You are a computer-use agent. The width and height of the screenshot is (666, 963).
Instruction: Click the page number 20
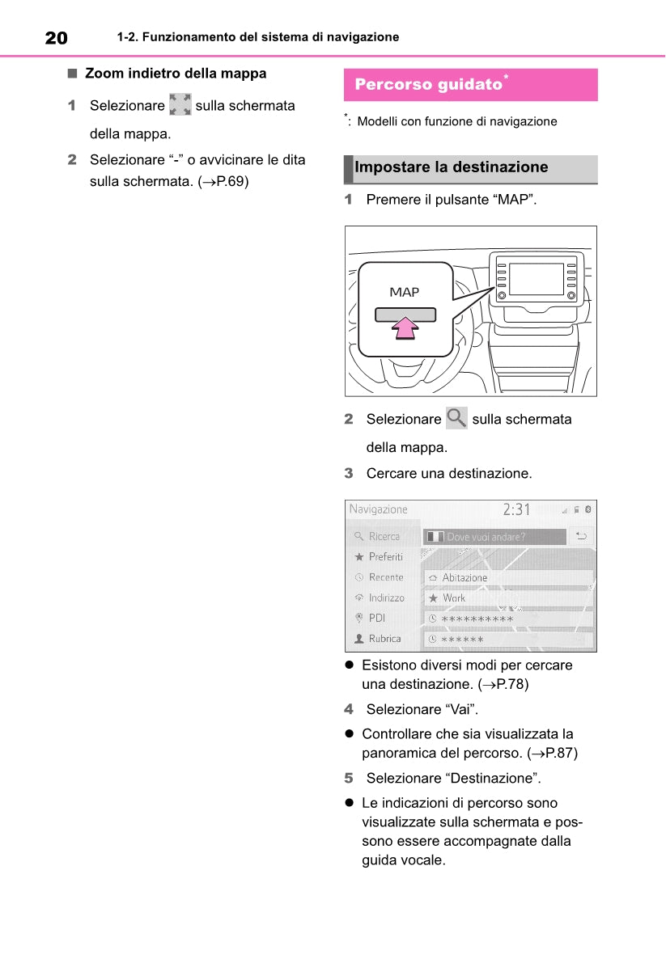point(56,37)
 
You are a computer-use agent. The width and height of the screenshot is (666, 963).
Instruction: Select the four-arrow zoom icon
point(180,105)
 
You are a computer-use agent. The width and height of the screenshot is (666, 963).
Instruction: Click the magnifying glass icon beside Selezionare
point(456,419)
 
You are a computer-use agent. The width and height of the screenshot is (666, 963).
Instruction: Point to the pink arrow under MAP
point(405,328)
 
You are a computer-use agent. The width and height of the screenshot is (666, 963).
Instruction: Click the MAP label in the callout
point(405,292)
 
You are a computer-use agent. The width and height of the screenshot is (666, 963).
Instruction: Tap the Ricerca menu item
point(384,536)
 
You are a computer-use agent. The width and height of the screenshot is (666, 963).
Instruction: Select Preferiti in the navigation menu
point(385,557)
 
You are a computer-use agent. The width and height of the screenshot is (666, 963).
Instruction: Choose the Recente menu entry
point(385,577)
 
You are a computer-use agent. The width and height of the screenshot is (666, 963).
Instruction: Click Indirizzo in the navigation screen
point(386,598)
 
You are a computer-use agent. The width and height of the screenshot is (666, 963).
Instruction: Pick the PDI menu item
point(377,618)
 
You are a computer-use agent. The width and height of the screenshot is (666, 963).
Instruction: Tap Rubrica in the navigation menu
point(384,639)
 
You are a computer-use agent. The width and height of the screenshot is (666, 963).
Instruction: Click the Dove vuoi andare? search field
point(494,536)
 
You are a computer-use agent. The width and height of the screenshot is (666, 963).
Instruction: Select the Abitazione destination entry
point(508,577)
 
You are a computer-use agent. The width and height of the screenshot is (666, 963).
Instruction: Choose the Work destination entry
point(508,598)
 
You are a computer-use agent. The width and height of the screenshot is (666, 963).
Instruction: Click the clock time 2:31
point(516,509)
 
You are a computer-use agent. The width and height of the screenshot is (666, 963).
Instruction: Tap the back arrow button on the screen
point(580,536)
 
